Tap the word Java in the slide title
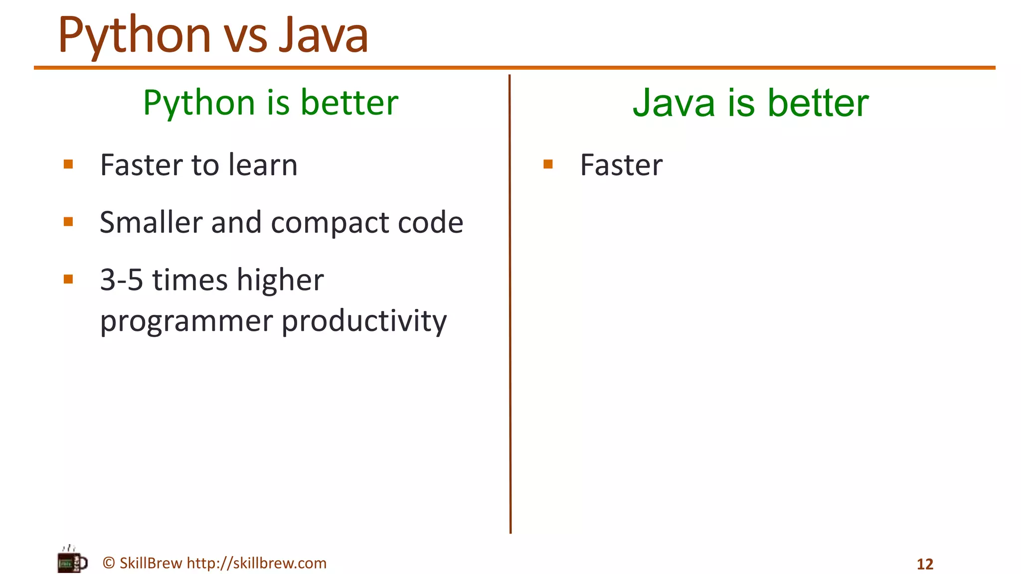pos(323,36)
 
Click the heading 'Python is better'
pos(271,103)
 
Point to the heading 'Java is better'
pos(750,103)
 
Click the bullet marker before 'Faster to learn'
pos(69,164)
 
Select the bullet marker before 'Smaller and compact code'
pos(69,222)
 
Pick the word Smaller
pos(151,222)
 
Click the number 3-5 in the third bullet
pos(121,280)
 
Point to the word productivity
pos(364,321)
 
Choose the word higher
pos(280,280)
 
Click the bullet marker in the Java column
pos(548,164)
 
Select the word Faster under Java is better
pos(621,165)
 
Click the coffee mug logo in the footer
pos(72,561)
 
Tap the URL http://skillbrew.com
pos(256,563)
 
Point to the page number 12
pos(925,564)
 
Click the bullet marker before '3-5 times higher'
pos(69,279)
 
